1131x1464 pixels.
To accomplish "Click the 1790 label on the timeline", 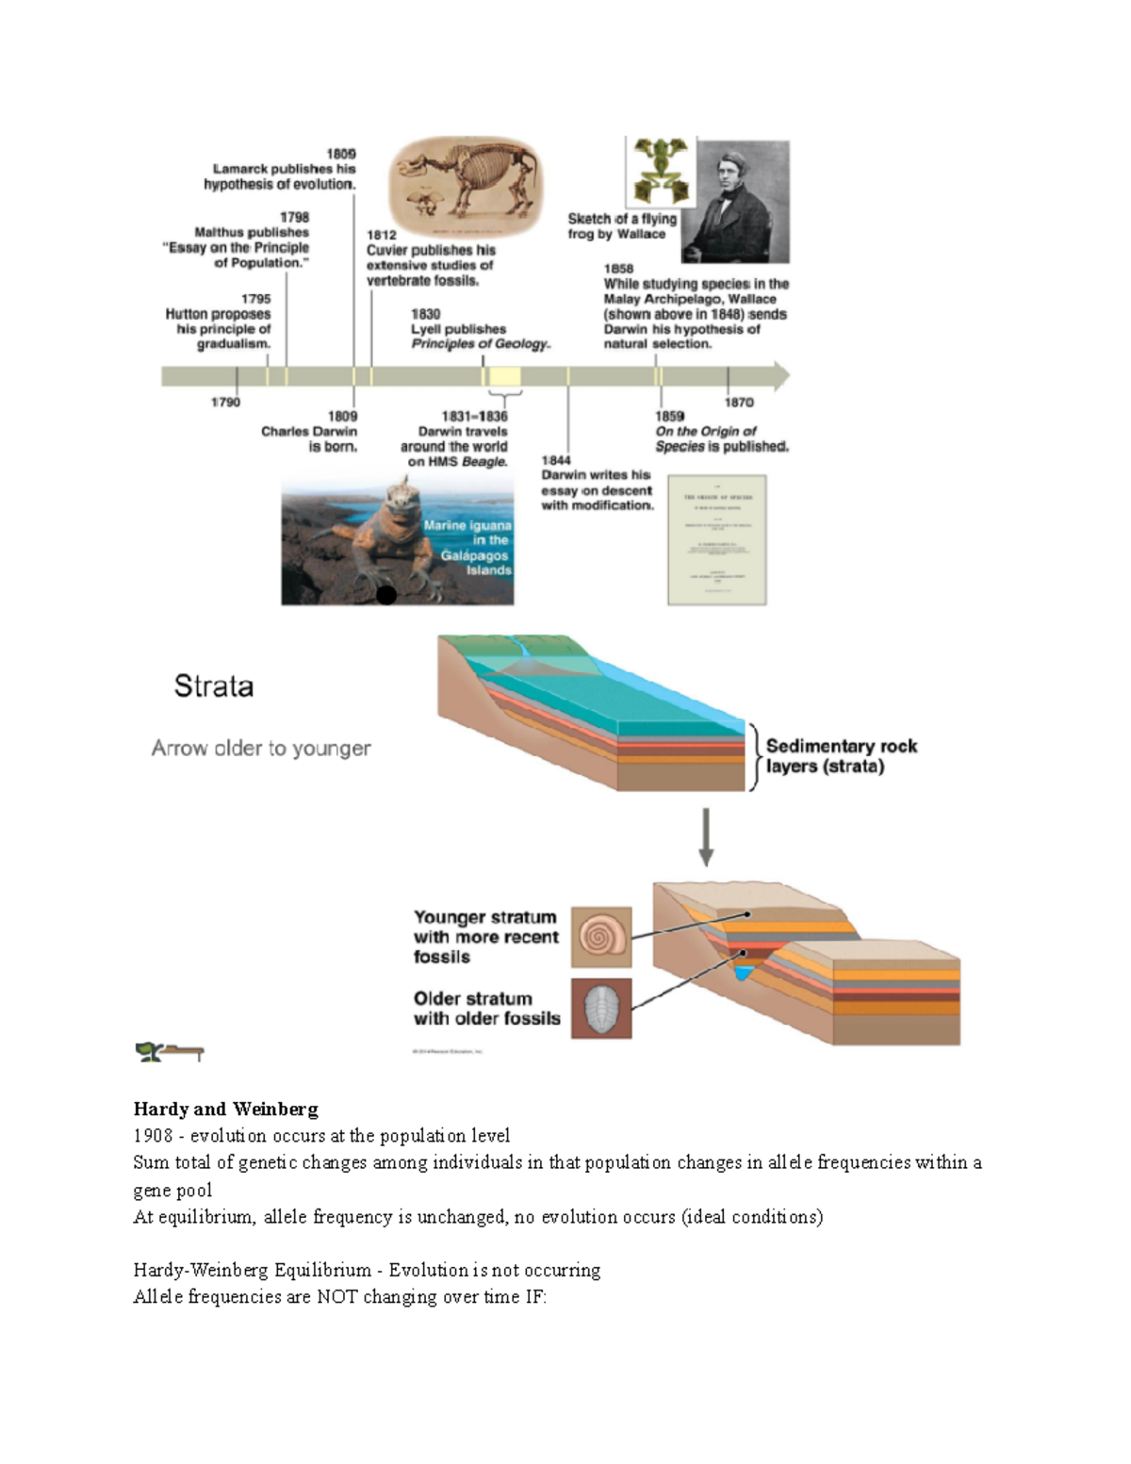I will click(225, 403).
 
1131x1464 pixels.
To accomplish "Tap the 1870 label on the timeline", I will click(739, 403).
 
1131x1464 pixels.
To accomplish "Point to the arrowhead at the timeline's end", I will click(781, 376).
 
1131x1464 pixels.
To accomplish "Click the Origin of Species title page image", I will click(716, 539).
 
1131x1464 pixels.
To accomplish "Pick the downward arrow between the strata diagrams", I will click(706, 838).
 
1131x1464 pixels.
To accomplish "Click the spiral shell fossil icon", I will click(601, 937).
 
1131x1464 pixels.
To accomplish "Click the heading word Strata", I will click(214, 685).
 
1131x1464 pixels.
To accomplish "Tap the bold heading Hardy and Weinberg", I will click(226, 1109).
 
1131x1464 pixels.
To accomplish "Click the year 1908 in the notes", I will click(153, 1136).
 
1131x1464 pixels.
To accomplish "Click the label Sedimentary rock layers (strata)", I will click(841, 756).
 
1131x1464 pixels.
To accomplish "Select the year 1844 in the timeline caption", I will click(556, 460).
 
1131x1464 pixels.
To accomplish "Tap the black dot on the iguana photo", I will click(386, 595).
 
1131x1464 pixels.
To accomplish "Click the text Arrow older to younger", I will click(261, 748).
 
